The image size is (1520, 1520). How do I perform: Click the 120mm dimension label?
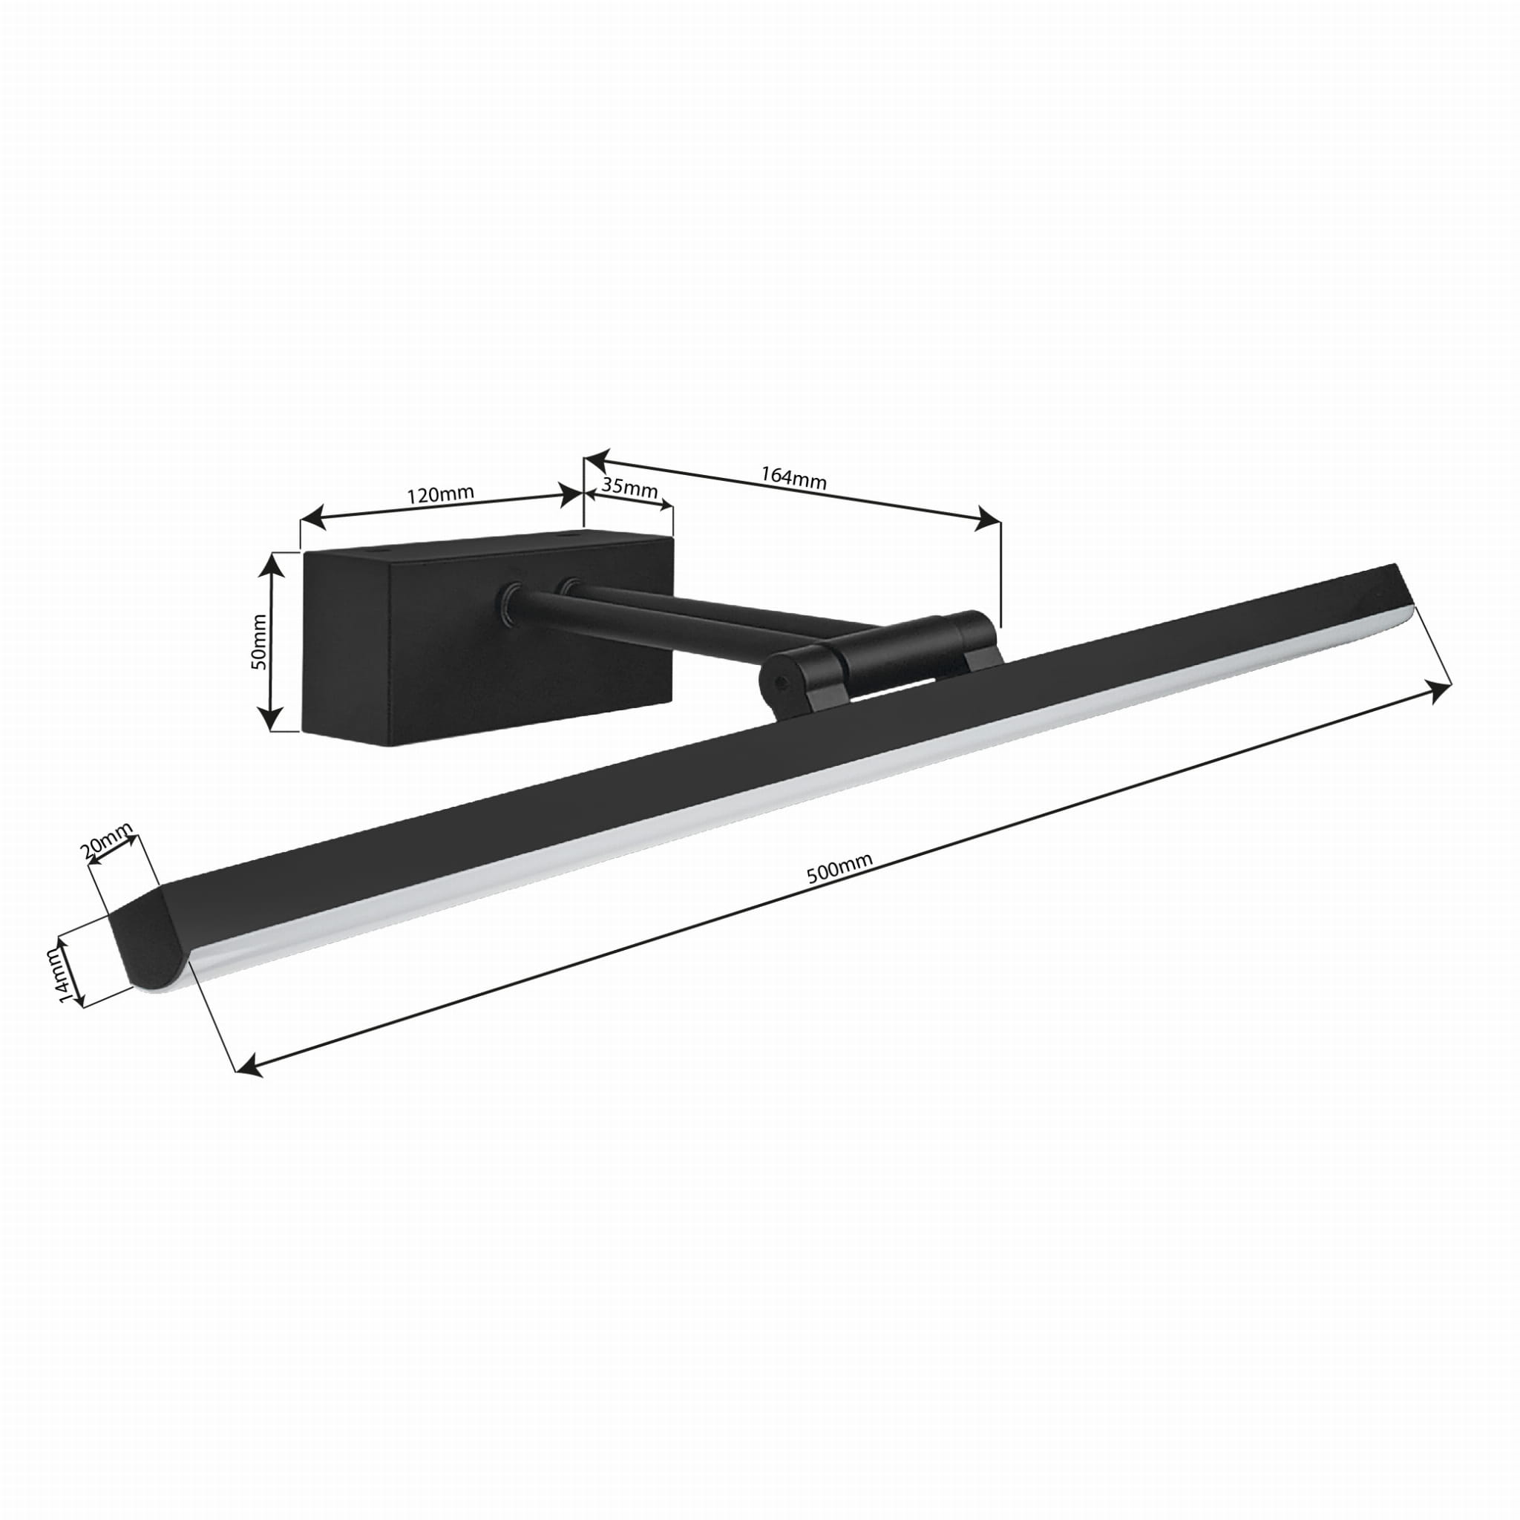[x=440, y=495]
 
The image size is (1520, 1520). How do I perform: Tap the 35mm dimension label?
[x=629, y=485]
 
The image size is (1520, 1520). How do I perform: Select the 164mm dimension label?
[x=793, y=476]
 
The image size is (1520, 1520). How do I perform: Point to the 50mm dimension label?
[x=261, y=641]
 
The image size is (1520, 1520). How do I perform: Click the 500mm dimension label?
[x=839, y=869]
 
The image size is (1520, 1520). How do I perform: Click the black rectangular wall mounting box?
[x=488, y=638]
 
